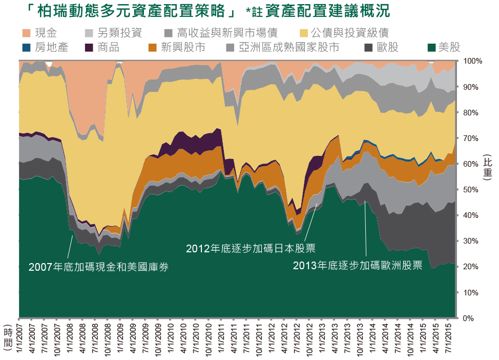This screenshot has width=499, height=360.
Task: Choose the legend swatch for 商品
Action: (89, 48)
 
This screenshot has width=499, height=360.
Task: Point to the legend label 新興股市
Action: (183, 48)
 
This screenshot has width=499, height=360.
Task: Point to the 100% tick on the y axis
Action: (472, 61)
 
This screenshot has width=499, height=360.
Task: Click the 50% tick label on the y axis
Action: (470, 190)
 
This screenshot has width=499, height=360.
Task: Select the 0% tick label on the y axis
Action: (469, 318)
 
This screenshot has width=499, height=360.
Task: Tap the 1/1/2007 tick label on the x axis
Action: (19, 336)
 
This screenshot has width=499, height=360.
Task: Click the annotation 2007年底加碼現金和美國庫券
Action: (98, 267)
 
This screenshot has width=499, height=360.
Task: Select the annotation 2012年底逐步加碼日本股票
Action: (250, 249)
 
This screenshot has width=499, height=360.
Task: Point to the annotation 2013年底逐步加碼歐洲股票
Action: (357, 266)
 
